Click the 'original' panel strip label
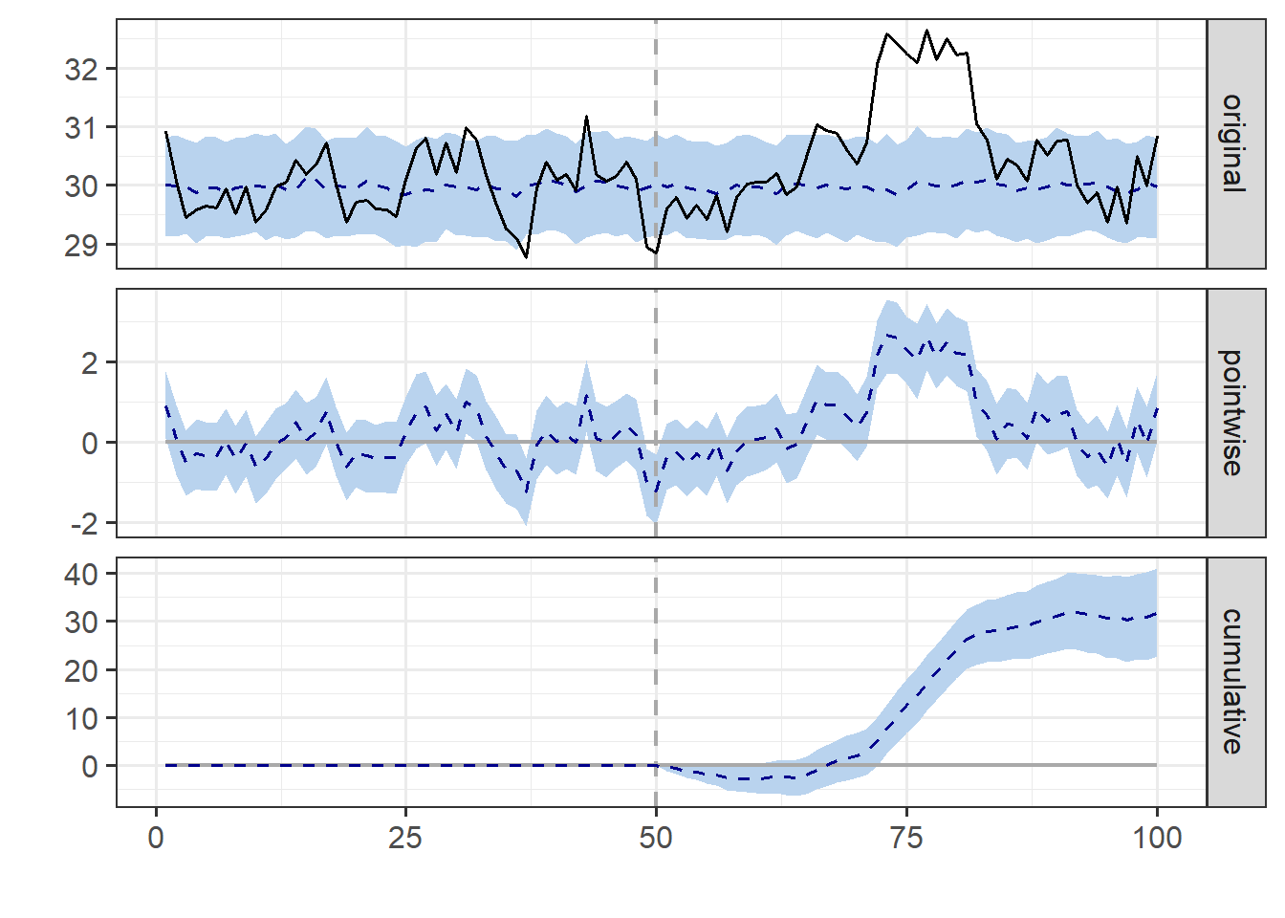tap(1234, 143)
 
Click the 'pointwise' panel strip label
tap(1234, 412)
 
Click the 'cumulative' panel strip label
tap(1234, 682)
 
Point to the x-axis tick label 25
tap(405, 838)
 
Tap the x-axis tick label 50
tap(656, 838)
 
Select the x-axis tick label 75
tap(906, 838)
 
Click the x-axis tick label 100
tap(1157, 838)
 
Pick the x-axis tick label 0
tap(156, 838)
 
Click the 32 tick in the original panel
tap(82, 69)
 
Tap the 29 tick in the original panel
tap(82, 245)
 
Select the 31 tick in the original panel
tap(82, 127)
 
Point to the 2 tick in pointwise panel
tap(90, 363)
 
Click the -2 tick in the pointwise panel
tap(83, 524)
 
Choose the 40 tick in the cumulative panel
tap(82, 574)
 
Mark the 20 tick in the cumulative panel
tap(82, 670)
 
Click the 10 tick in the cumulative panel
tap(82, 718)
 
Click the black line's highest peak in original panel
tap(926, 31)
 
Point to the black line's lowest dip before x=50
tap(526, 257)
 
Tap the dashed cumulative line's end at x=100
tap(1157, 614)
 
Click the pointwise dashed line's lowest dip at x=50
tap(656, 504)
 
